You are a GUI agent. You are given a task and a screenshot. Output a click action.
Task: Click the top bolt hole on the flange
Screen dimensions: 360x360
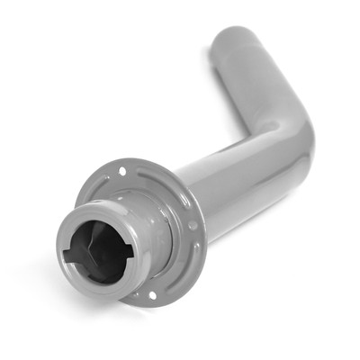coord(122,170)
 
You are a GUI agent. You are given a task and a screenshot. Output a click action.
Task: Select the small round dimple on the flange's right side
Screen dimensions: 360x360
coord(192,227)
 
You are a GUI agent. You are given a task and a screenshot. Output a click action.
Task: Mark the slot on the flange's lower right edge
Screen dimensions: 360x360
coord(192,261)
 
